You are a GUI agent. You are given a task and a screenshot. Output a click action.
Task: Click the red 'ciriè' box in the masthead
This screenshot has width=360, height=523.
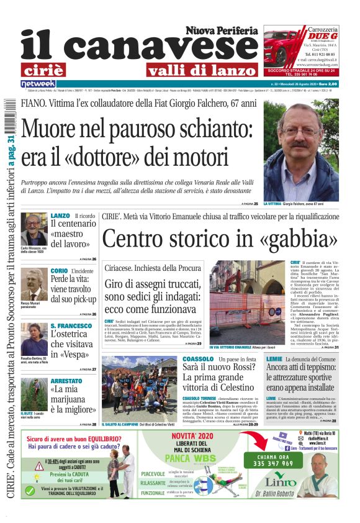click(42, 69)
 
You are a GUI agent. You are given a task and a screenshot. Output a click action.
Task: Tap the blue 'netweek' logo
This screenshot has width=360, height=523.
click(38, 83)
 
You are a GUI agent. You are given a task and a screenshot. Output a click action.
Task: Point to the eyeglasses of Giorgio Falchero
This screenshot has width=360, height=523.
click(299, 132)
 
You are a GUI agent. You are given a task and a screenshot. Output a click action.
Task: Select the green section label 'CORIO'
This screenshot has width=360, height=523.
click(59, 271)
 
